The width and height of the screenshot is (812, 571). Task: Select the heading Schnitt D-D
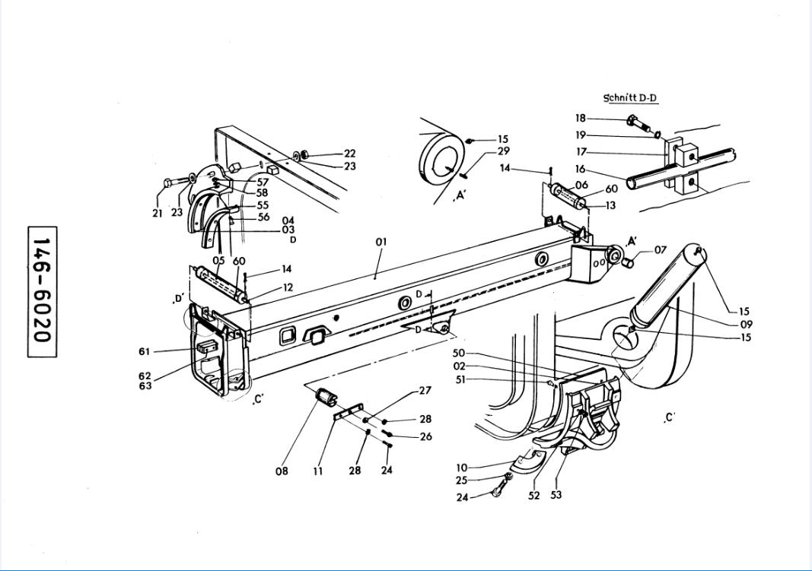630,98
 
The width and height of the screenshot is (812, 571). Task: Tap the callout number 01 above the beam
381,242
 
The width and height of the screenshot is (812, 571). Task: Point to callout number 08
282,471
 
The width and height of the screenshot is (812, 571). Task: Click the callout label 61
145,351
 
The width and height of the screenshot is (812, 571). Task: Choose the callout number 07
660,250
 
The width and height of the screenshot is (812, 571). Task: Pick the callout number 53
556,495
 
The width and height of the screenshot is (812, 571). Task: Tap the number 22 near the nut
349,154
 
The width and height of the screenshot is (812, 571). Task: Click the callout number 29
503,151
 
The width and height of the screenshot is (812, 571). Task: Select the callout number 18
581,118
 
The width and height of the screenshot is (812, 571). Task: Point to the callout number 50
458,354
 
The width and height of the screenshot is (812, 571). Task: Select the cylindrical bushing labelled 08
326,396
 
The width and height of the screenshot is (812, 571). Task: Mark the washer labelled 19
655,135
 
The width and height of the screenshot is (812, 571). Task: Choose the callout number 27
425,391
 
